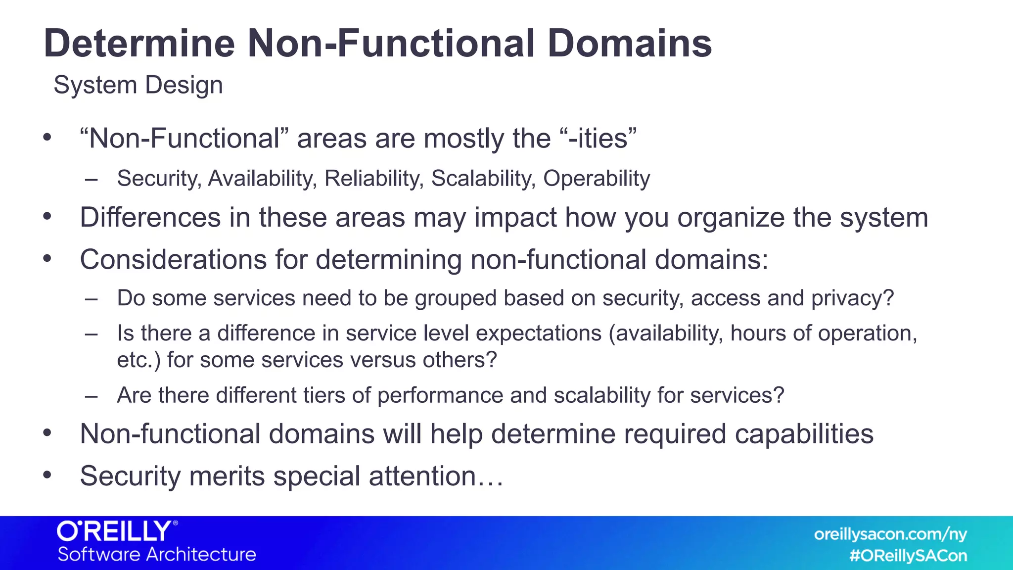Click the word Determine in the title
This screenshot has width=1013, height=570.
[x=139, y=44]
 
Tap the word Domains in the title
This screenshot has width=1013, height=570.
[x=629, y=44]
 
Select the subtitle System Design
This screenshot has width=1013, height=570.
[x=138, y=85]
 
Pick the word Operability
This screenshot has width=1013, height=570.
[x=597, y=179]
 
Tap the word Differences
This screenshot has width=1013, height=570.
[x=150, y=218]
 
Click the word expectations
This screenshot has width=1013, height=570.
[x=539, y=333]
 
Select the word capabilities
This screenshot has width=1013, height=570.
[x=804, y=434]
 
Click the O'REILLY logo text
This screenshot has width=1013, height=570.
[x=117, y=531]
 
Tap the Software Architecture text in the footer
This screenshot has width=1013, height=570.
[x=157, y=554]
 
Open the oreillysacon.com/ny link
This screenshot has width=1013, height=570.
[x=890, y=534]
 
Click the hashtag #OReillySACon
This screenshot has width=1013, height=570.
[x=908, y=556]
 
